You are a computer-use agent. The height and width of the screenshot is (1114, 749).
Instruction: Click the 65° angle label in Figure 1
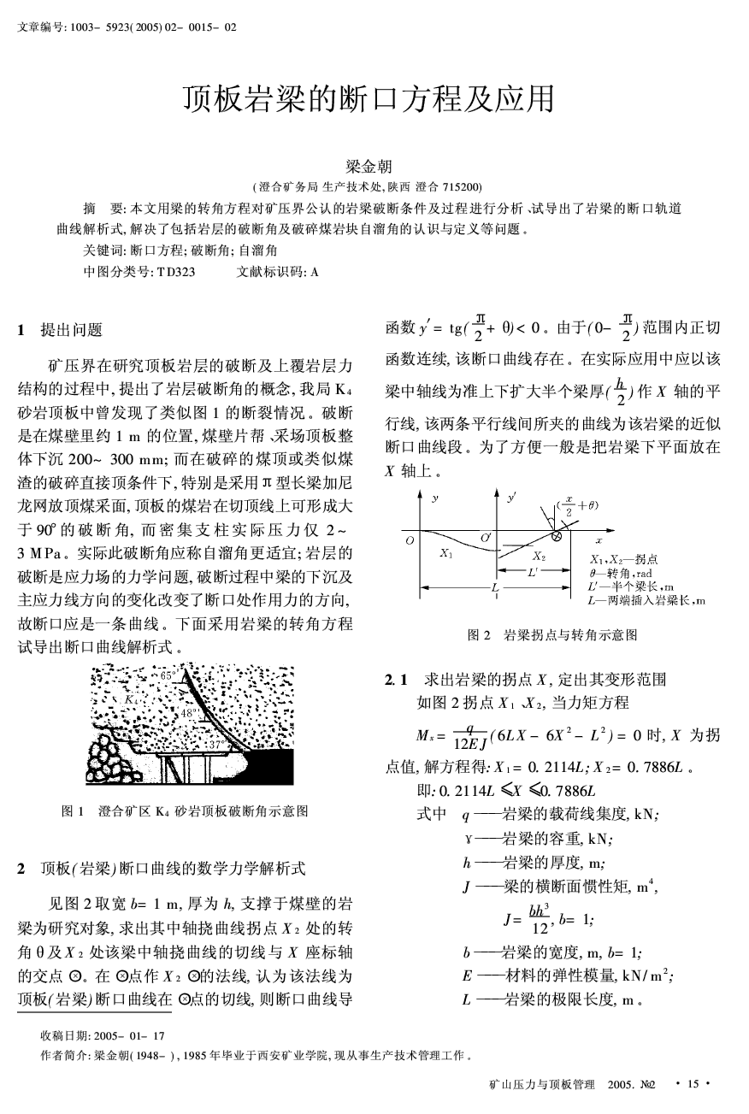(x=168, y=675)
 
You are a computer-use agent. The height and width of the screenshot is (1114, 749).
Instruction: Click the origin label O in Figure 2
(x=410, y=540)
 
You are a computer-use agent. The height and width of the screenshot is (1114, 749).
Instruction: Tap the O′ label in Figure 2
(x=486, y=535)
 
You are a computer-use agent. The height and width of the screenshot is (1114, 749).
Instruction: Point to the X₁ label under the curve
(x=445, y=553)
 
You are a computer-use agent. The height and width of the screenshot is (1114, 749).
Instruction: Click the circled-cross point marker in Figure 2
(x=556, y=536)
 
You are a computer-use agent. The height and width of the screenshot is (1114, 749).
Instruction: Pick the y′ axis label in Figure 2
(x=511, y=497)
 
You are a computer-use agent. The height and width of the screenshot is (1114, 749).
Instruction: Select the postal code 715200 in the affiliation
(x=461, y=187)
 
